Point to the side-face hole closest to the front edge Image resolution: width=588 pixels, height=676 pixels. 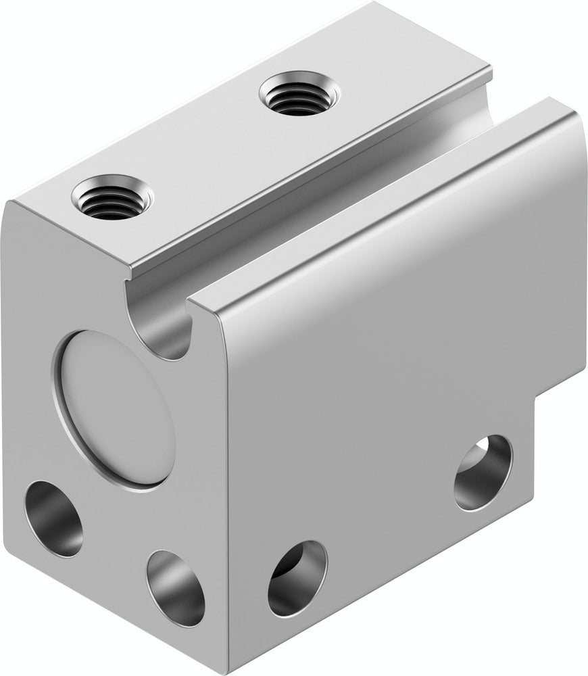click(297, 578)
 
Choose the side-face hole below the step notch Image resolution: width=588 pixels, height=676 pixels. click(483, 473)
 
